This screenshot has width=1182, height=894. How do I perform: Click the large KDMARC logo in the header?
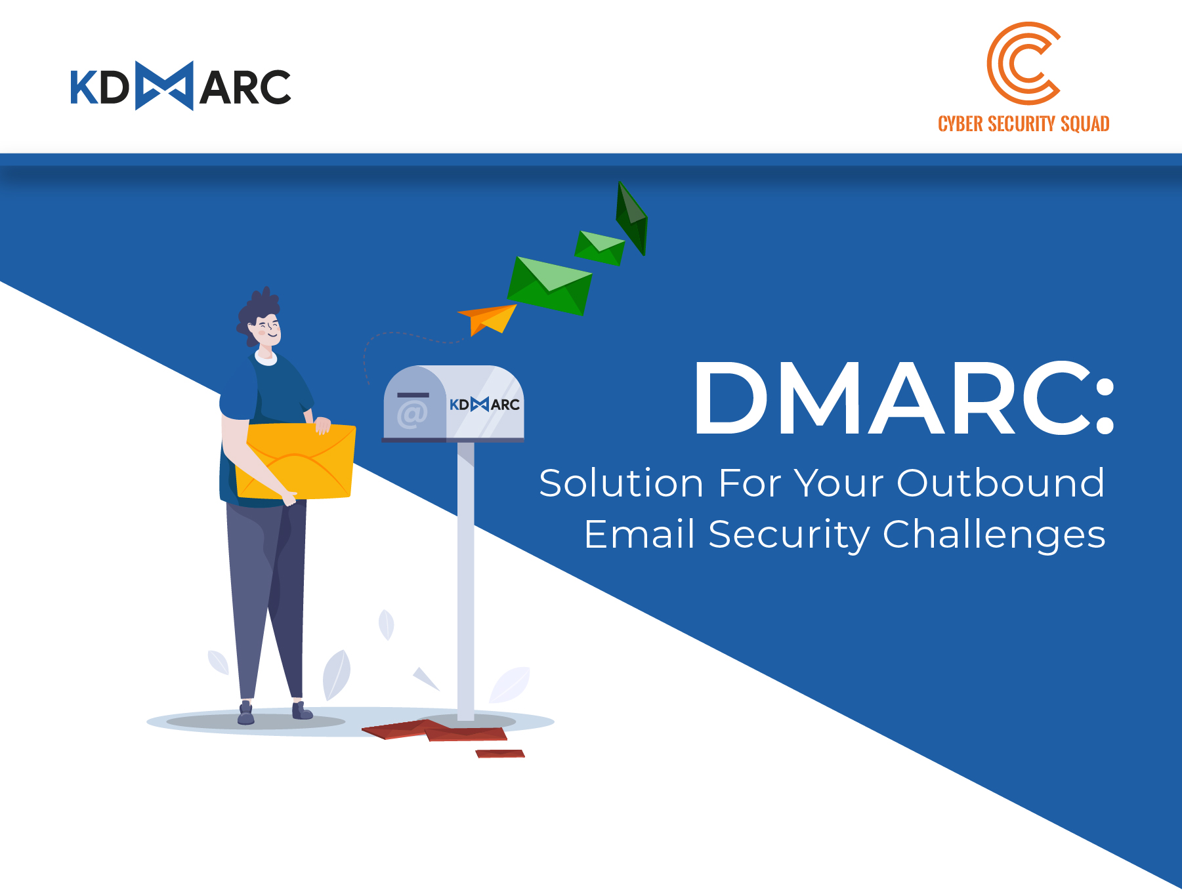click(180, 86)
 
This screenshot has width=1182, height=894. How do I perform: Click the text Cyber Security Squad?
click(1023, 123)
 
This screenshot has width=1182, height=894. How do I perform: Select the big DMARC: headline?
click(904, 398)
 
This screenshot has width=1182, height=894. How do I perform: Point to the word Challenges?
click(994, 535)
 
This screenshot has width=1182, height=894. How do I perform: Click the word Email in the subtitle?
click(639, 534)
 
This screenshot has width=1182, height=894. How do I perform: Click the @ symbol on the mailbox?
click(412, 415)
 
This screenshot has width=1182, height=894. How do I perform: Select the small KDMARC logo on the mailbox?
click(484, 404)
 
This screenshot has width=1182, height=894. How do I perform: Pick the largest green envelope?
click(549, 285)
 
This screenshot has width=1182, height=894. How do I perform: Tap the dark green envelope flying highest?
click(631, 218)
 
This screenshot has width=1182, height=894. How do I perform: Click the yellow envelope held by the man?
click(295, 461)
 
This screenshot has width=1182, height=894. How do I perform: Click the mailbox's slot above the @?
click(413, 395)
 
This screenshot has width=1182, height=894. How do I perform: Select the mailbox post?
click(465, 581)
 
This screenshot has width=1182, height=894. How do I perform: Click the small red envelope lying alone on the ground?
click(500, 754)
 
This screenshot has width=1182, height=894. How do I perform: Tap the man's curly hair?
click(257, 312)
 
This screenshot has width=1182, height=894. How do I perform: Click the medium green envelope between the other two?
click(599, 248)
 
